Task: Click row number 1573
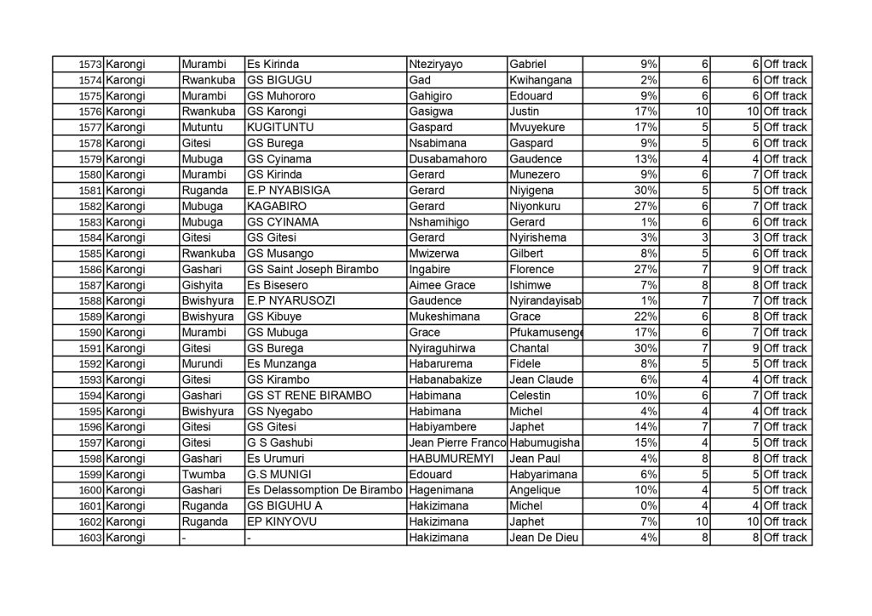click(x=89, y=65)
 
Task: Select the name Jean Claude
click(x=541, y=379)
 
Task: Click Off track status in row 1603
click(x=784, y=538)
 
